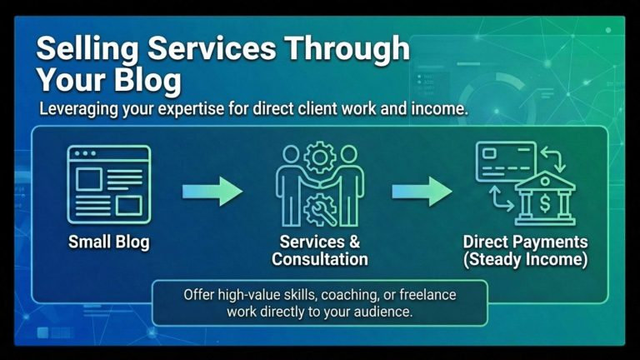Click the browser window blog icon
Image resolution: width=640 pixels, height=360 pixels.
109,183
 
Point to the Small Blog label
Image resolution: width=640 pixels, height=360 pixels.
109,243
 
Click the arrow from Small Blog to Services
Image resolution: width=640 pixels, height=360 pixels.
212,191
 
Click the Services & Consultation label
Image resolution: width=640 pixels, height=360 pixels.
320,251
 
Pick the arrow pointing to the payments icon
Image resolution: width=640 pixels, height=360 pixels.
422,191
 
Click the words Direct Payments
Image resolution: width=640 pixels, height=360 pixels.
526,242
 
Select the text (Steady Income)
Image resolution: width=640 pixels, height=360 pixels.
526,260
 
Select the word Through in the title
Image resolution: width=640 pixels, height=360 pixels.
350,50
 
